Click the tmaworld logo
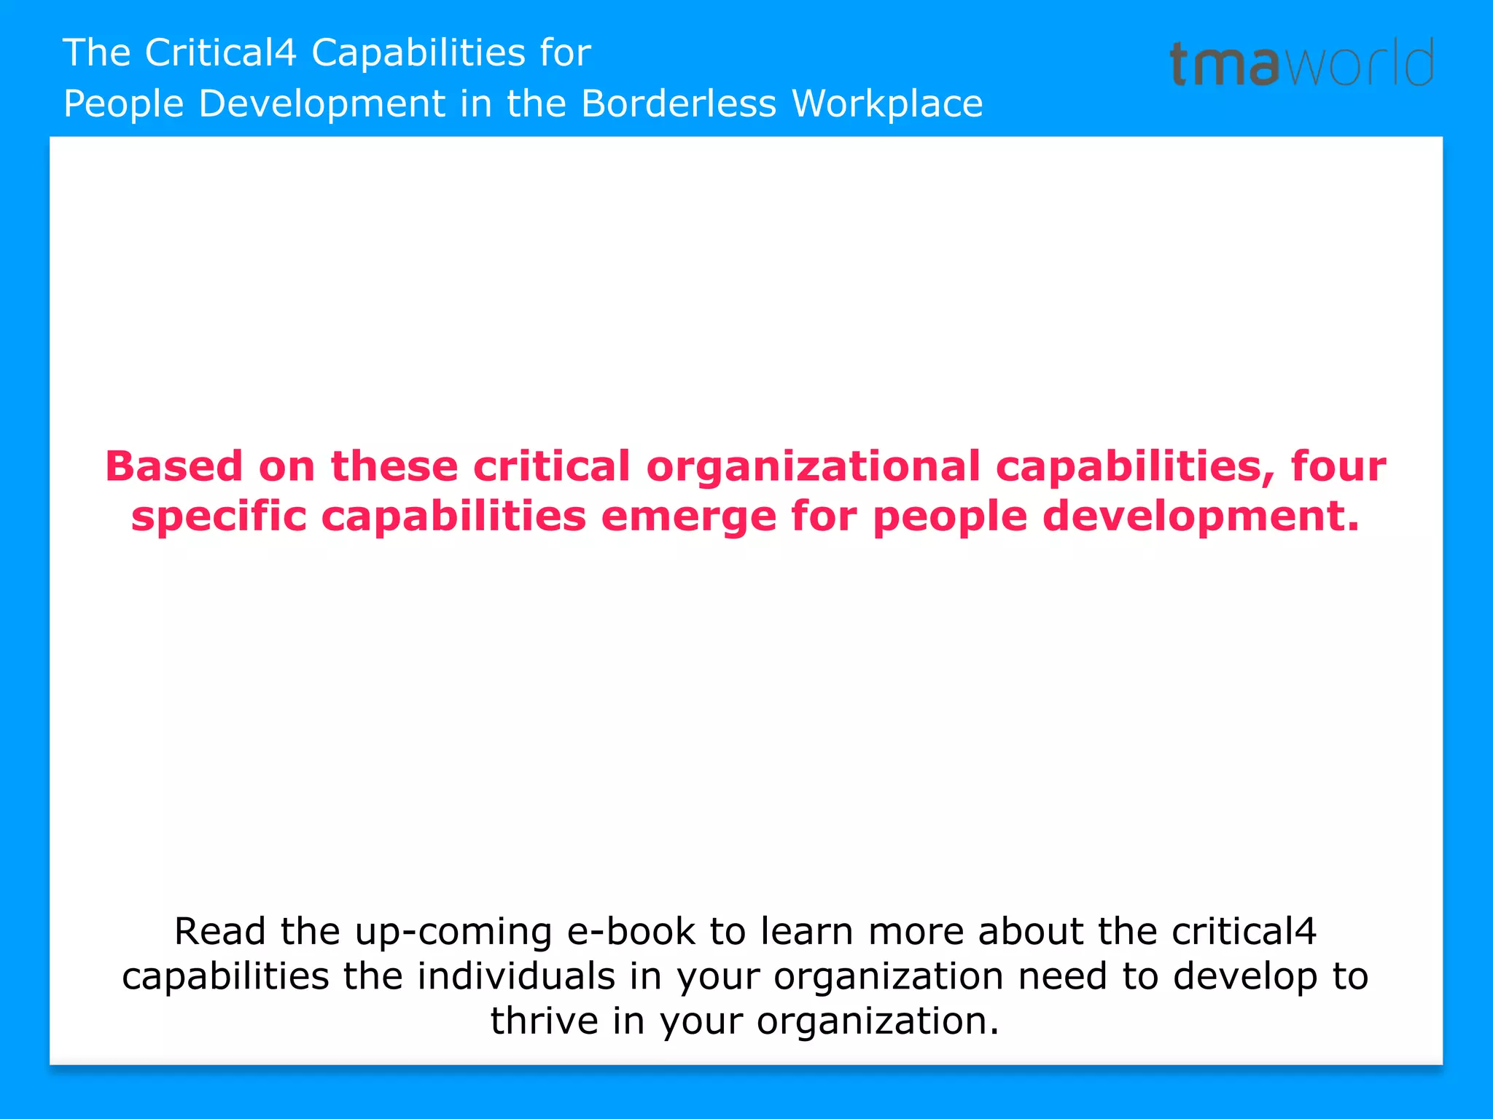(x=1301, y=63)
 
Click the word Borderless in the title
(x=679, y=103)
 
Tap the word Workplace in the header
(x=887, y=103)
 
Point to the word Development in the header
(x=321, y=103)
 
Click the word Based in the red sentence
(x=174, y=466)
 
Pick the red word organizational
(x=813, y=466)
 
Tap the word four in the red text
(x=1338, y=466)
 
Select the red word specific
(x=219, y=517)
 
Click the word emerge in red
(x=689, y=517)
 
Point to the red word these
(x=394, y=466)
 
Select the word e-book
(x=631, y=931)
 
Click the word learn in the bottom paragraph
(x=806, y=931)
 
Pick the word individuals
(x=516, y=976)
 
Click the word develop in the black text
(x=1245, y=978)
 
